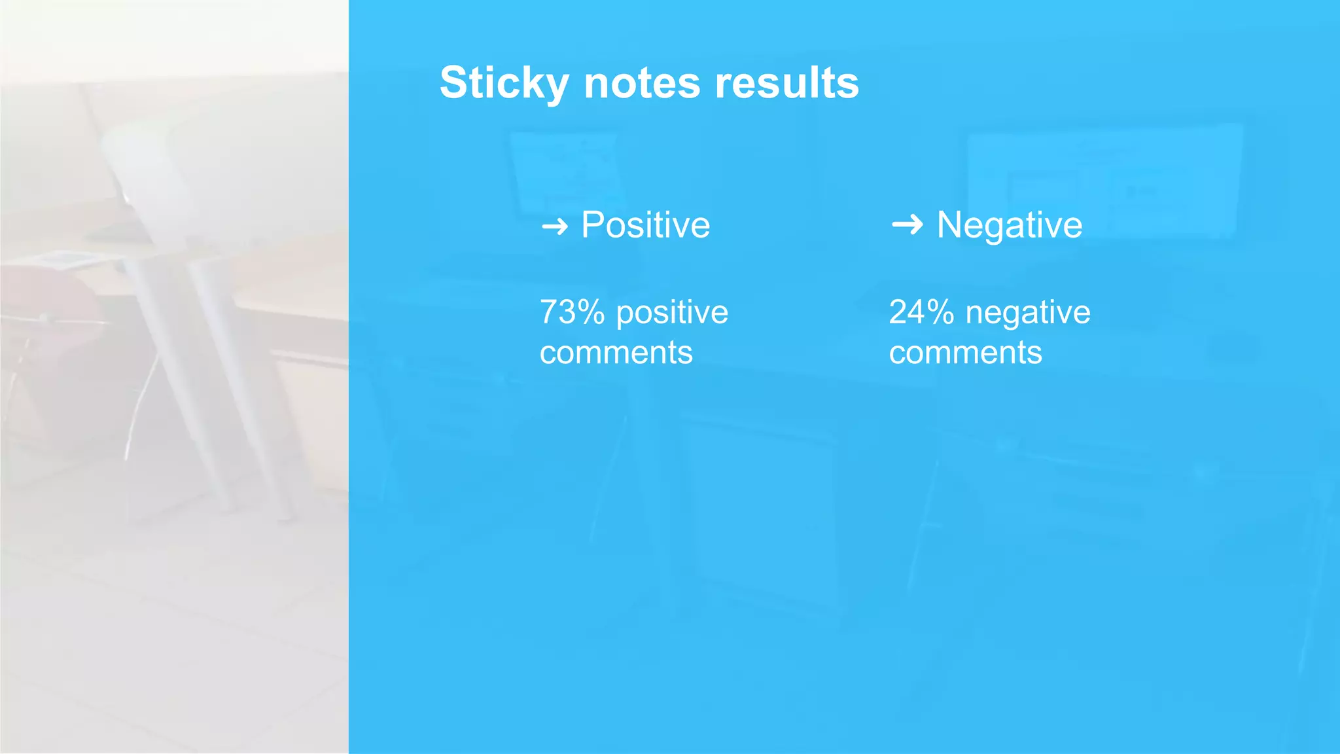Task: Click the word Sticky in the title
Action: pos(504,83)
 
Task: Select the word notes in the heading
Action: pos(641,83)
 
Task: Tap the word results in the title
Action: pos(786,83)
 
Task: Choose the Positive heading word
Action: pos(645,225)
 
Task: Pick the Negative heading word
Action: pos(1009,225)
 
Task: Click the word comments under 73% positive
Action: pos(616,353)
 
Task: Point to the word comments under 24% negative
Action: pos(965,353)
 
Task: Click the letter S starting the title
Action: pos(453,83)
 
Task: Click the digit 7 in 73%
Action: pos(549,312)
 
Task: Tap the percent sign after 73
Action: pos(591,312)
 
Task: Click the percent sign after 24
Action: pos(940,312)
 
